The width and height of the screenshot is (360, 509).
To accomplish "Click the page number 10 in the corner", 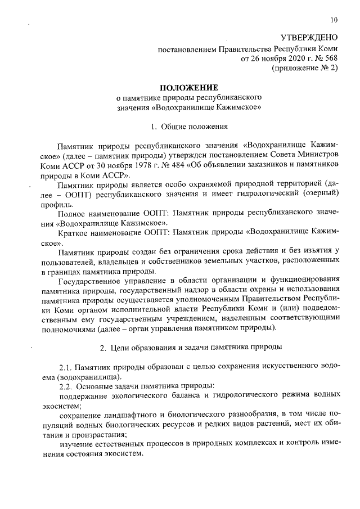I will (x=334, y=21).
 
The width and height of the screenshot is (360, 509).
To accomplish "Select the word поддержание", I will (x=82, y=395).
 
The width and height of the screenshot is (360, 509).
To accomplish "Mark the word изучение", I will (x=76, y=445).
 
